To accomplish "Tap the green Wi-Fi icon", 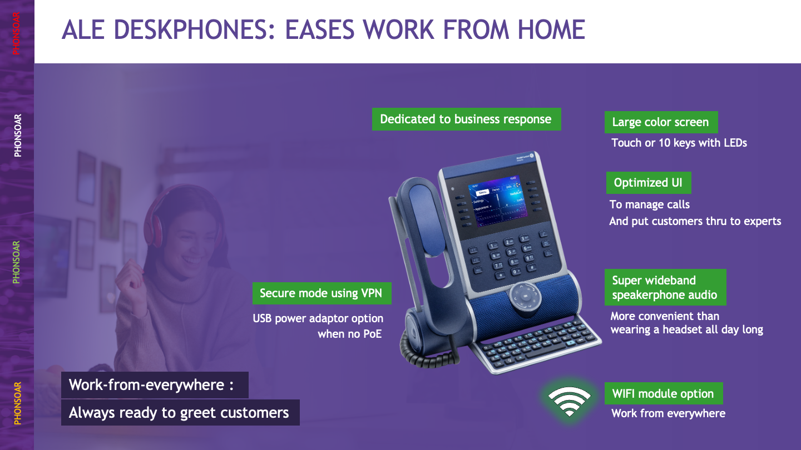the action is [569, 401].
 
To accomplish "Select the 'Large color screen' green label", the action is [661, 122].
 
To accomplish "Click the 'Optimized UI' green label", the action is [649, 183].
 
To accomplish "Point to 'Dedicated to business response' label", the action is [466, 119].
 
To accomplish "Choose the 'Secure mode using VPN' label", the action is [322, 293].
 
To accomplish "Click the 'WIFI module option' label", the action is [663, 393].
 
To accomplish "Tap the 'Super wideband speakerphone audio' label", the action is [665, 288].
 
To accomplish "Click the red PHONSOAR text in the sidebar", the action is [17, 33].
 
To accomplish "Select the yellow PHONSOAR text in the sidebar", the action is [17, 403].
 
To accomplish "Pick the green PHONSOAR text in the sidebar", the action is [17, 262].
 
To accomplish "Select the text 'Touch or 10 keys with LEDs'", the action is [679, 143].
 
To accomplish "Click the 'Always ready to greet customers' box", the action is [180, 412].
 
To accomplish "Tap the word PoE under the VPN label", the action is [372, 334].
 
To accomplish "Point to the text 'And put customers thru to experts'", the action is [695, 221].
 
